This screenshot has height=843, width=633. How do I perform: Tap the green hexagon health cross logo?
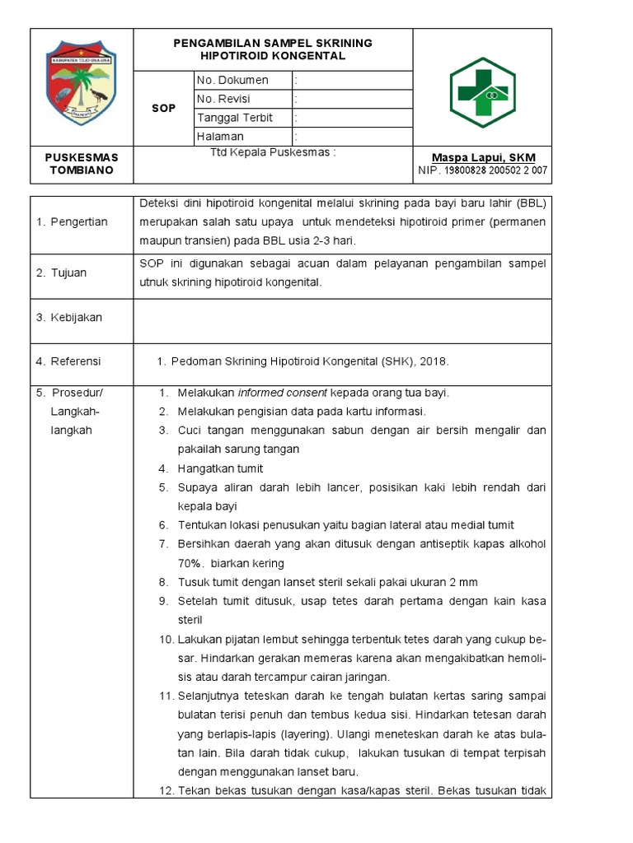click(x=481, y=92)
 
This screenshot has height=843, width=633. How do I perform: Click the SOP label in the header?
click(x=163, y=108)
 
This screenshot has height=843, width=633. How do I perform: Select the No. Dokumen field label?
click(x=232, y=81)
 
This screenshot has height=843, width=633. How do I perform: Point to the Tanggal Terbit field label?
click(x=234, y=118)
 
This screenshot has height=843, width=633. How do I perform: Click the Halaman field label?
click(x=220, y=137)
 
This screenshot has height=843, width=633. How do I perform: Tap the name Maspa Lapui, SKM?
click(x=484, y=157)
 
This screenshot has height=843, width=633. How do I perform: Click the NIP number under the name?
click(x=483, y=170)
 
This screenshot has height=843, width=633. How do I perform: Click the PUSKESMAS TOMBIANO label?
click(x=82, y=164)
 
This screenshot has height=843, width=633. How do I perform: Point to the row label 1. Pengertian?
click(x=72, y=222)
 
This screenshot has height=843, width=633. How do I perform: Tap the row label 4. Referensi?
click(x=68, y=361)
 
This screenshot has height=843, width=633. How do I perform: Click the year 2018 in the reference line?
click(x=434, y=361)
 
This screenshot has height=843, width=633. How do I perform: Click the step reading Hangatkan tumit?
click(x=220, y=468)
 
